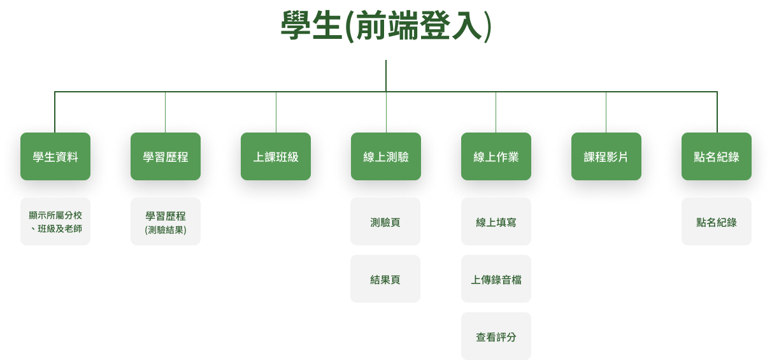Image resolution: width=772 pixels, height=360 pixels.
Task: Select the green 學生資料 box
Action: (55, 157)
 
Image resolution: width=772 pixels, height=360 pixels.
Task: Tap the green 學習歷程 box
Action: (166, 157)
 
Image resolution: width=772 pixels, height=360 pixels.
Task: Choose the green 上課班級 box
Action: (276, 157)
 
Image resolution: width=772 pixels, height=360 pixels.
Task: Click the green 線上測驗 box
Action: (386, 157)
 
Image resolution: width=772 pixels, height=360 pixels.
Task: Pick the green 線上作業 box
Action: (496, 157)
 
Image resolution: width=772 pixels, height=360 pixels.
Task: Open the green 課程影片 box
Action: (606, 157)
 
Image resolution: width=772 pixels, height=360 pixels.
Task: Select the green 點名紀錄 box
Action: (717, 157)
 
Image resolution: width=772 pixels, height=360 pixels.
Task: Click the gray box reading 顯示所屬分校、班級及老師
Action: (55, 222)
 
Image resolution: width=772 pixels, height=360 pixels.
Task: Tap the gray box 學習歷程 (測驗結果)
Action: (166, 222)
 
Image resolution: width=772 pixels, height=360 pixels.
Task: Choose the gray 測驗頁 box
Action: (385, 222)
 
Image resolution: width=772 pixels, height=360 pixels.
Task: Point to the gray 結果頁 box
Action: (385, 279)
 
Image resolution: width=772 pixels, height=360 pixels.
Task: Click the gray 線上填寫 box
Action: (496, 222)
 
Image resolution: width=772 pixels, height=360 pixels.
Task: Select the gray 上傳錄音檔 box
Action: (496, 279)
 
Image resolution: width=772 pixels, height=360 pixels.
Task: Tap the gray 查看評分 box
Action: (496, 336)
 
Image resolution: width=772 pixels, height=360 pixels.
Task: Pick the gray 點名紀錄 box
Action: (717, 222)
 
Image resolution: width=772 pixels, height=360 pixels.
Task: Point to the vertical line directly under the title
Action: (386, 75)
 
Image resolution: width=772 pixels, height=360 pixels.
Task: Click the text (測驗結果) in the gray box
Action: (166, 229)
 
